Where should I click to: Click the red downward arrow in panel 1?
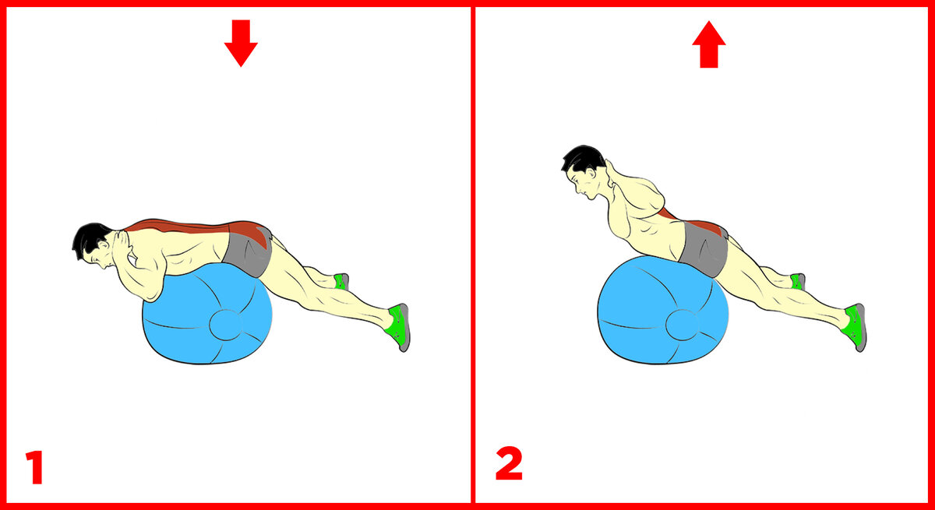[241, 43]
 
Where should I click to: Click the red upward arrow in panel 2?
[709, 44]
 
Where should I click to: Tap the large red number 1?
[35, 467]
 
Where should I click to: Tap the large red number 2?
[509, 463]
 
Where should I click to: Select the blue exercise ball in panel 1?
[207, 317]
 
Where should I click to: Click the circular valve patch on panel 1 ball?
[226, 325]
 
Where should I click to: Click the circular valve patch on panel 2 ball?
[683, 325]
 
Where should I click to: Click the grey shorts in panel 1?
[248, 253]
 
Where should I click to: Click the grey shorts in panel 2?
[704, 249]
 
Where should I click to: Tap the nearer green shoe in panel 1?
[400, 326]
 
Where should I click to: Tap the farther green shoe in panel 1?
[341, 282]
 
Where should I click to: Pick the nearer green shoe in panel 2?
[856, 326]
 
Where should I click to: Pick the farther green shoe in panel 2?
[798, 282]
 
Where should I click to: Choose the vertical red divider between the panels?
[473, 255]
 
